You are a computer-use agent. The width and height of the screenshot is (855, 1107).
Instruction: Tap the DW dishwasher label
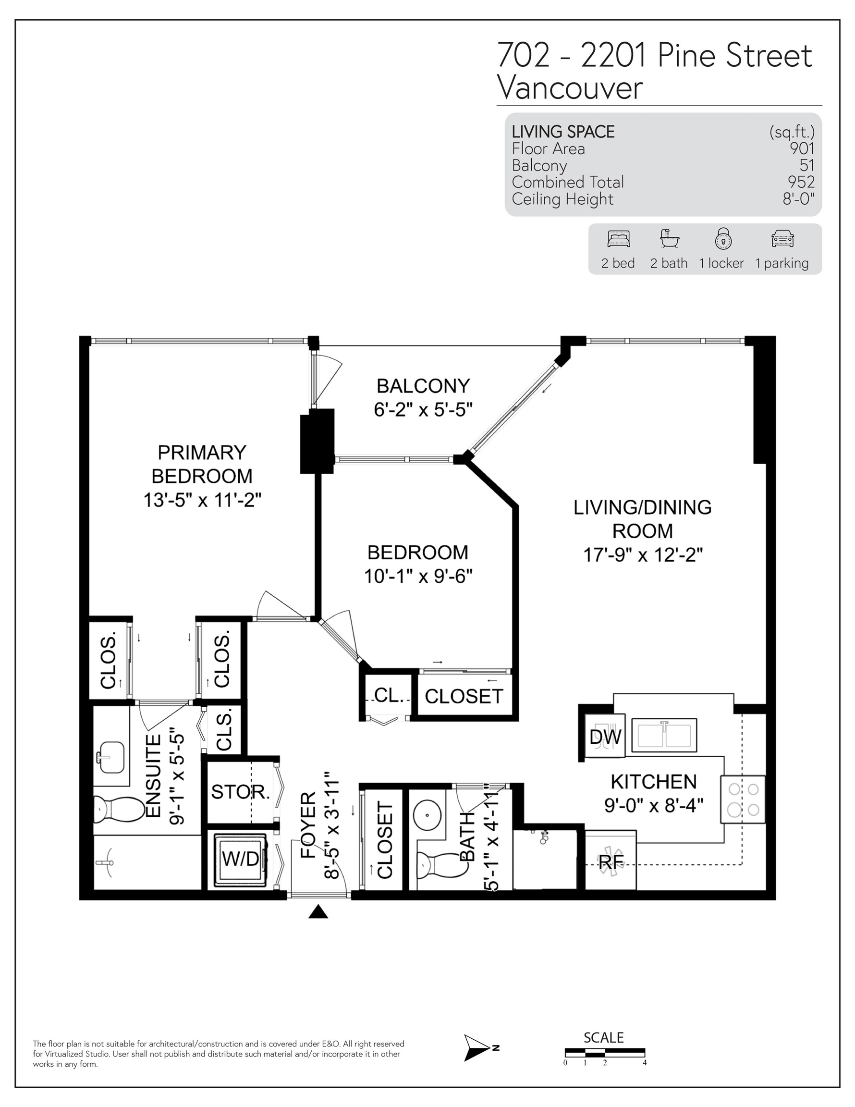tap(605, 737)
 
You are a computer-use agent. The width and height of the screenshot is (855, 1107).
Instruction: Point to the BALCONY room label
tap(423, 386)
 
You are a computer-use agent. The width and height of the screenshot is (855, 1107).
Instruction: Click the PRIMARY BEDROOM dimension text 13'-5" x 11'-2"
tap(202, 500)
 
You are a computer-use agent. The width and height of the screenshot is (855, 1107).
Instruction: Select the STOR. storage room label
tap(240, 791)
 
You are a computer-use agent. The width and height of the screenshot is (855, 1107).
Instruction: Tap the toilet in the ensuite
tap(120, 810)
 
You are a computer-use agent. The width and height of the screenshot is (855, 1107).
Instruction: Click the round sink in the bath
tap(428, 815)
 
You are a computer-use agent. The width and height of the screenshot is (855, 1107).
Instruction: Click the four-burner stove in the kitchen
tap(743, 799)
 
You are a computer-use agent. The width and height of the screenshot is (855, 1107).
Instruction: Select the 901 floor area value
tap(802, 148)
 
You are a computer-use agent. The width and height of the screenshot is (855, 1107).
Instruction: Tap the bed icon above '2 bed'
tap(618, 239)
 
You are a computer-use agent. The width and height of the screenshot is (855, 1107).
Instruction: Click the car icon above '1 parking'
tap(782, 239)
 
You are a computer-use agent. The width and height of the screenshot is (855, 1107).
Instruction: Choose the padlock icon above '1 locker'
tap(723, 238)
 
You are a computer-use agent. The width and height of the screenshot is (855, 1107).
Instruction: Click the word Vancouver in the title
tap(570, 88)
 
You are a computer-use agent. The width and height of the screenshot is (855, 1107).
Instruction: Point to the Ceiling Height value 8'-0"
tap(799, 199)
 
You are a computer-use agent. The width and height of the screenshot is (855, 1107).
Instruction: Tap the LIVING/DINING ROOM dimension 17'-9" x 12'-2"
tap(643, 555)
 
